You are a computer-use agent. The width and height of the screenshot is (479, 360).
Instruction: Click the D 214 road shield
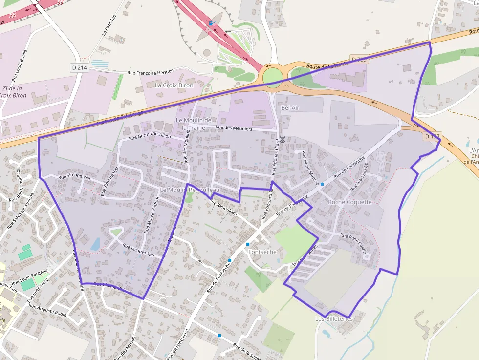click(79, 68)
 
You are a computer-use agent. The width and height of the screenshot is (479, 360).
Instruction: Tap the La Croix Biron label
click(174, 85)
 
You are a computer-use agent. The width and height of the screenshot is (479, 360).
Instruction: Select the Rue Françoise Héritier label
click(150, 72)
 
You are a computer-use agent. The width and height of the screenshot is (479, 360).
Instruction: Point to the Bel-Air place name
click(291, 108)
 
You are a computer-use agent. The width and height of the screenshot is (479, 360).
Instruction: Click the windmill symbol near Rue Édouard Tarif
click(282, 140)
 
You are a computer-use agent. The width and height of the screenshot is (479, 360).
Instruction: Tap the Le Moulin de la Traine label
click(194, 124)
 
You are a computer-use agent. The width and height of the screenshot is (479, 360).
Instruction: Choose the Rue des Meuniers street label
click(234, 128)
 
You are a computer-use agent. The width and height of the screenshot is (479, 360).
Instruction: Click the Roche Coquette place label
click(350, 202)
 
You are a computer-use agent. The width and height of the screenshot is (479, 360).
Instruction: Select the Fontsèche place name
click(263, 252)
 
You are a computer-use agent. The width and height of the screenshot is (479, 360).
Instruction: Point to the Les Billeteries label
click(334, 319)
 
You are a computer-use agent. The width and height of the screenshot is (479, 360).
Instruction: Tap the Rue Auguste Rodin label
click(47, 311)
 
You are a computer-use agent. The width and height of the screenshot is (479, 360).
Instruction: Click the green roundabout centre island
click(272, 76)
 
